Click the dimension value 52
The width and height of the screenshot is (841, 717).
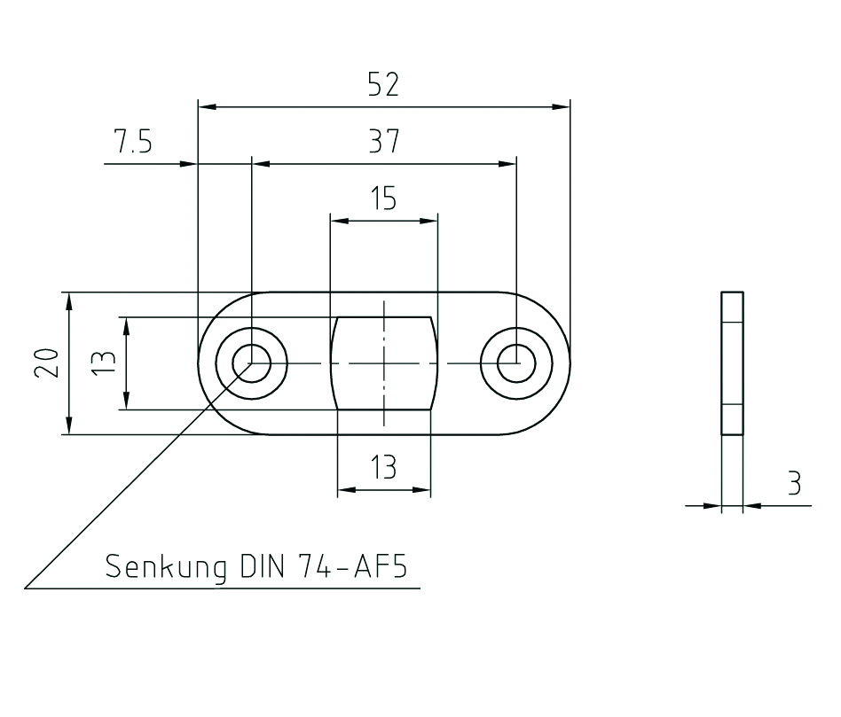pos(383,85)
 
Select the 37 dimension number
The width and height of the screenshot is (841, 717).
pos(383,142)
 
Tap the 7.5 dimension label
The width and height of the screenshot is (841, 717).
pos(133,142)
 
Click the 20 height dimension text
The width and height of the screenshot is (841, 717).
pos(48,362)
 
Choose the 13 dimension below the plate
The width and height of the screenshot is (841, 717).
pos(383,467)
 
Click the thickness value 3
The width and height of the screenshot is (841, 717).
pos(794,484)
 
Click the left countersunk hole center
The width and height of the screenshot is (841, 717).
pos(252,362)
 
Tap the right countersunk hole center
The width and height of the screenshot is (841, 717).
pos(515,362)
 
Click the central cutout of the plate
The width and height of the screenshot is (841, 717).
pos(383,362)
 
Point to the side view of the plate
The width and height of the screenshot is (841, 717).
pos(732,362)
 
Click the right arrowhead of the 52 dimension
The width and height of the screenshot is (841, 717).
pos(561,106)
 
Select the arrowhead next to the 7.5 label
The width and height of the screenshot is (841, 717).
pos(187,164)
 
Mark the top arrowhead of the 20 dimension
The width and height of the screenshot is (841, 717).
pos(68,300)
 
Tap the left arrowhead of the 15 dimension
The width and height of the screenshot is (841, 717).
pos(337,219)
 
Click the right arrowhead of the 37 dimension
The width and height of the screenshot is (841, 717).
pos(507,164)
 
